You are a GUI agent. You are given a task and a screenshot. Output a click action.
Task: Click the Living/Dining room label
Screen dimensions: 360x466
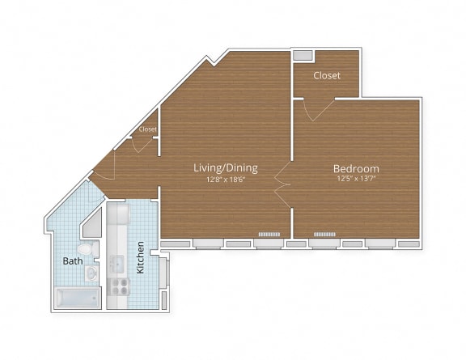225,168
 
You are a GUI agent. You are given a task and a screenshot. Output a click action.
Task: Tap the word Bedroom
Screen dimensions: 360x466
356,169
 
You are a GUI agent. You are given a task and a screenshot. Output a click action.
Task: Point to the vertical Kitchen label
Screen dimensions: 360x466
140,256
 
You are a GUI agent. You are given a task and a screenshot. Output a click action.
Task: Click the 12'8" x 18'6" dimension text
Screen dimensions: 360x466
225,180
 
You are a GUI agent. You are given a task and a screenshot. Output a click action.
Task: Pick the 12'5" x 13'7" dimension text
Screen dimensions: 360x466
356,180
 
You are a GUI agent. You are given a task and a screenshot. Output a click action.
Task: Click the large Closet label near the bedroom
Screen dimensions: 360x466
327,75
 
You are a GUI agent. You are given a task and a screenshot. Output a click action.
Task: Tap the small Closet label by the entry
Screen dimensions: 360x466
147,129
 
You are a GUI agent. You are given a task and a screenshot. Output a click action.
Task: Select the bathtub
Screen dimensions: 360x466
76,297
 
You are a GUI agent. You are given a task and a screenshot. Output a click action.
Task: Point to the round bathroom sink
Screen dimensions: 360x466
91,273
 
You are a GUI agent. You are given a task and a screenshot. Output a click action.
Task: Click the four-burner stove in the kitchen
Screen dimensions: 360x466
120,285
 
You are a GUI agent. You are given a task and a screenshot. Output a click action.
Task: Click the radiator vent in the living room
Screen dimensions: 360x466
269,235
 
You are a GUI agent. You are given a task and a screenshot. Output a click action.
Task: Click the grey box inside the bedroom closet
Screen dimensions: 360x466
303,56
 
